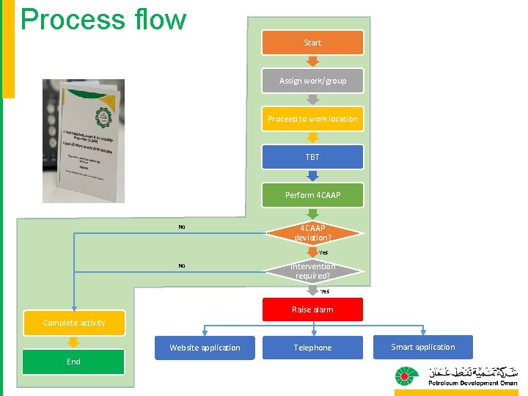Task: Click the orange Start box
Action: [x=312, y=43]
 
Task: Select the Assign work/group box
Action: [x=312, y=81]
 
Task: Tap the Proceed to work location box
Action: [x=312, y=119]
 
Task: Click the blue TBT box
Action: [x=312, y=157]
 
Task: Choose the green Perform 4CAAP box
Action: [x=312, y=195]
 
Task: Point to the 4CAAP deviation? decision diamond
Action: [x=312, y=233]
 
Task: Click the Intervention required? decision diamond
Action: [x=312, y=271]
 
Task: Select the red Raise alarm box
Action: [x=312, y=309]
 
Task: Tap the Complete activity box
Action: [x=73, y=323]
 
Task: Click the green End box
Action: [x=73, y=362]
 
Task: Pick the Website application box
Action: [x=205, y=348]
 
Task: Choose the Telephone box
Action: [x=312, y=348]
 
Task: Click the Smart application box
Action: [x=422, y=347]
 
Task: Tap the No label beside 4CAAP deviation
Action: [x=182, y=227]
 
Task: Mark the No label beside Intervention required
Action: [x=182, y=265]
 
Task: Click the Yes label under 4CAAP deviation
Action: [x=323, y=252]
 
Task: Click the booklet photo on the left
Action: [x=83, y=141]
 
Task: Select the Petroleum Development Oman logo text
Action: [x=472, y=383]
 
